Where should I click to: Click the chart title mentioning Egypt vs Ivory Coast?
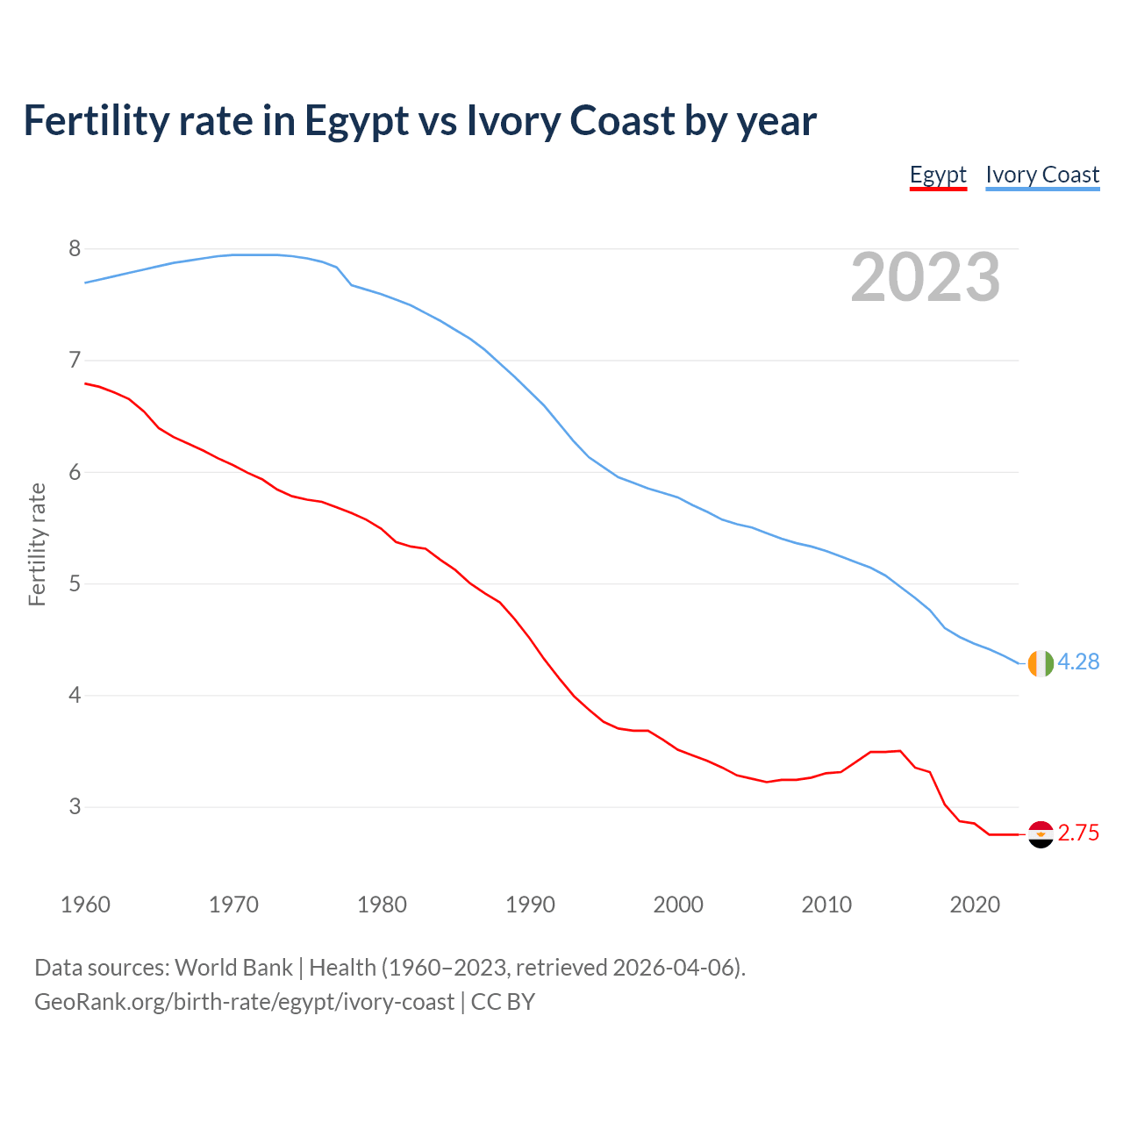click(x=419, y=121)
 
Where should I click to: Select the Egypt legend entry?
click(x=938, y=175)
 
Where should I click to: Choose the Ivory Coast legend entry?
click(x=1042, y=175)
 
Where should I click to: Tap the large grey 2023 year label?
click(x=926, y=277)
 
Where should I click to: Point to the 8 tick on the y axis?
click(x=75, y=248)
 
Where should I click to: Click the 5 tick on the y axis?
click(x=75, y=583)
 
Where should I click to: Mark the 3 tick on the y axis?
click(x=75, y=806)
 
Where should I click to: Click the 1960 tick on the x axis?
click(x=85, y=905)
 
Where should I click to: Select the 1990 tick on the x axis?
click(x=530, y=905)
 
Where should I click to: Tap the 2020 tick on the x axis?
click(x=975, y=905)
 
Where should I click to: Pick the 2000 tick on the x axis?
click(x=678, y=905)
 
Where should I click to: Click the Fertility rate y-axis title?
click(x=37, y=544)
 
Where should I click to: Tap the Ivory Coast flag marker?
click(x=1041, y=663)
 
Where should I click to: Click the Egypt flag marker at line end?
click(x=1041, y=834)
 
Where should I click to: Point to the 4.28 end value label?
click(x=1078, y=662)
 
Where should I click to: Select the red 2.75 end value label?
click(x=1078, y=833)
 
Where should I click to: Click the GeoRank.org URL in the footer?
click(x=244, y=1001)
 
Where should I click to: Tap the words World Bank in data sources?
click(x=233, y=968)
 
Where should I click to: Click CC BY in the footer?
click(x=503, y=1001)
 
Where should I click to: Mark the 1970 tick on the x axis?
click(x=233, y=905)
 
